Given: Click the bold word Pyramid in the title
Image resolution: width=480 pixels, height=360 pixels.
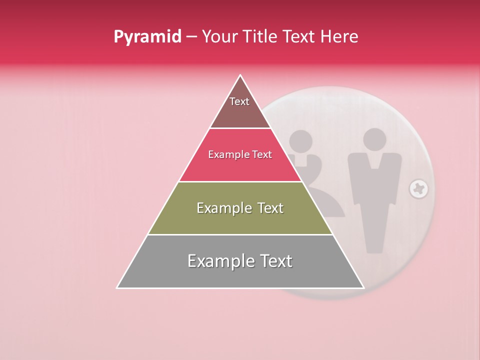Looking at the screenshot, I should coord(147,37).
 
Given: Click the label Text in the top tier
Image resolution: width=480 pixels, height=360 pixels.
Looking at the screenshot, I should coord(239,102).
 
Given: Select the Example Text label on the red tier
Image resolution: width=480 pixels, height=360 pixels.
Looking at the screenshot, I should coord(240,155).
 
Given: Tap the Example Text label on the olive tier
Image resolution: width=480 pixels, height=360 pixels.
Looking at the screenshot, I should coord(240,208).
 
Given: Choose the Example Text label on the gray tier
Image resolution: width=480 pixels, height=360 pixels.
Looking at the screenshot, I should coord(240,261).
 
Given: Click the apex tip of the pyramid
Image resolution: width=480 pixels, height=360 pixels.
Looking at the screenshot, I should coord(240,75).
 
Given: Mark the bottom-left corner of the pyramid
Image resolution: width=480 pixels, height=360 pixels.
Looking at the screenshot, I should coord(117,287).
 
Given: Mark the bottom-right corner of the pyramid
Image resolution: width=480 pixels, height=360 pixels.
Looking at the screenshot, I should coord(363,287).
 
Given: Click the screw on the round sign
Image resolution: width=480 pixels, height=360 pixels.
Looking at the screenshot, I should coord(418,189).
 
